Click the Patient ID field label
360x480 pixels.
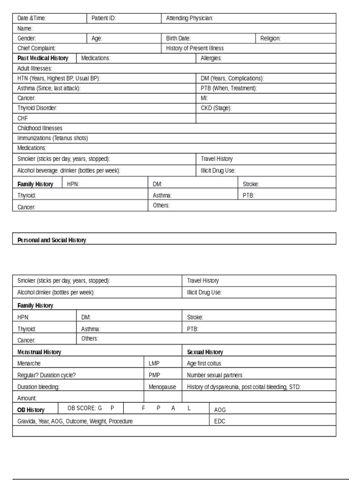104,18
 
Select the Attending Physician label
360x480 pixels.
190,18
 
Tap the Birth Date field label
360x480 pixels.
179,38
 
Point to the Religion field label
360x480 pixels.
270,38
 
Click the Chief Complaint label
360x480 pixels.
37,48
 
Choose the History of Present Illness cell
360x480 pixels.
195,48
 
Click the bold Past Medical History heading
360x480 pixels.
43,58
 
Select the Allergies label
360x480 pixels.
211,58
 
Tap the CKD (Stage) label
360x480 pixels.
217,108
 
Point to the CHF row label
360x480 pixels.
23,118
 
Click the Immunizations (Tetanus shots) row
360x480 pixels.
52,138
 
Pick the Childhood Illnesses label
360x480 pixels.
40,128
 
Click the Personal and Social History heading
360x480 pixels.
52,240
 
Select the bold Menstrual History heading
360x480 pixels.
39,352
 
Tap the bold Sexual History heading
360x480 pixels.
205,352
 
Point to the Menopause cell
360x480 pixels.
162,387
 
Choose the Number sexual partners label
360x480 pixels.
215,375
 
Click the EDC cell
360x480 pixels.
220,421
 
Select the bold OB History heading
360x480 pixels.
31,410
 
